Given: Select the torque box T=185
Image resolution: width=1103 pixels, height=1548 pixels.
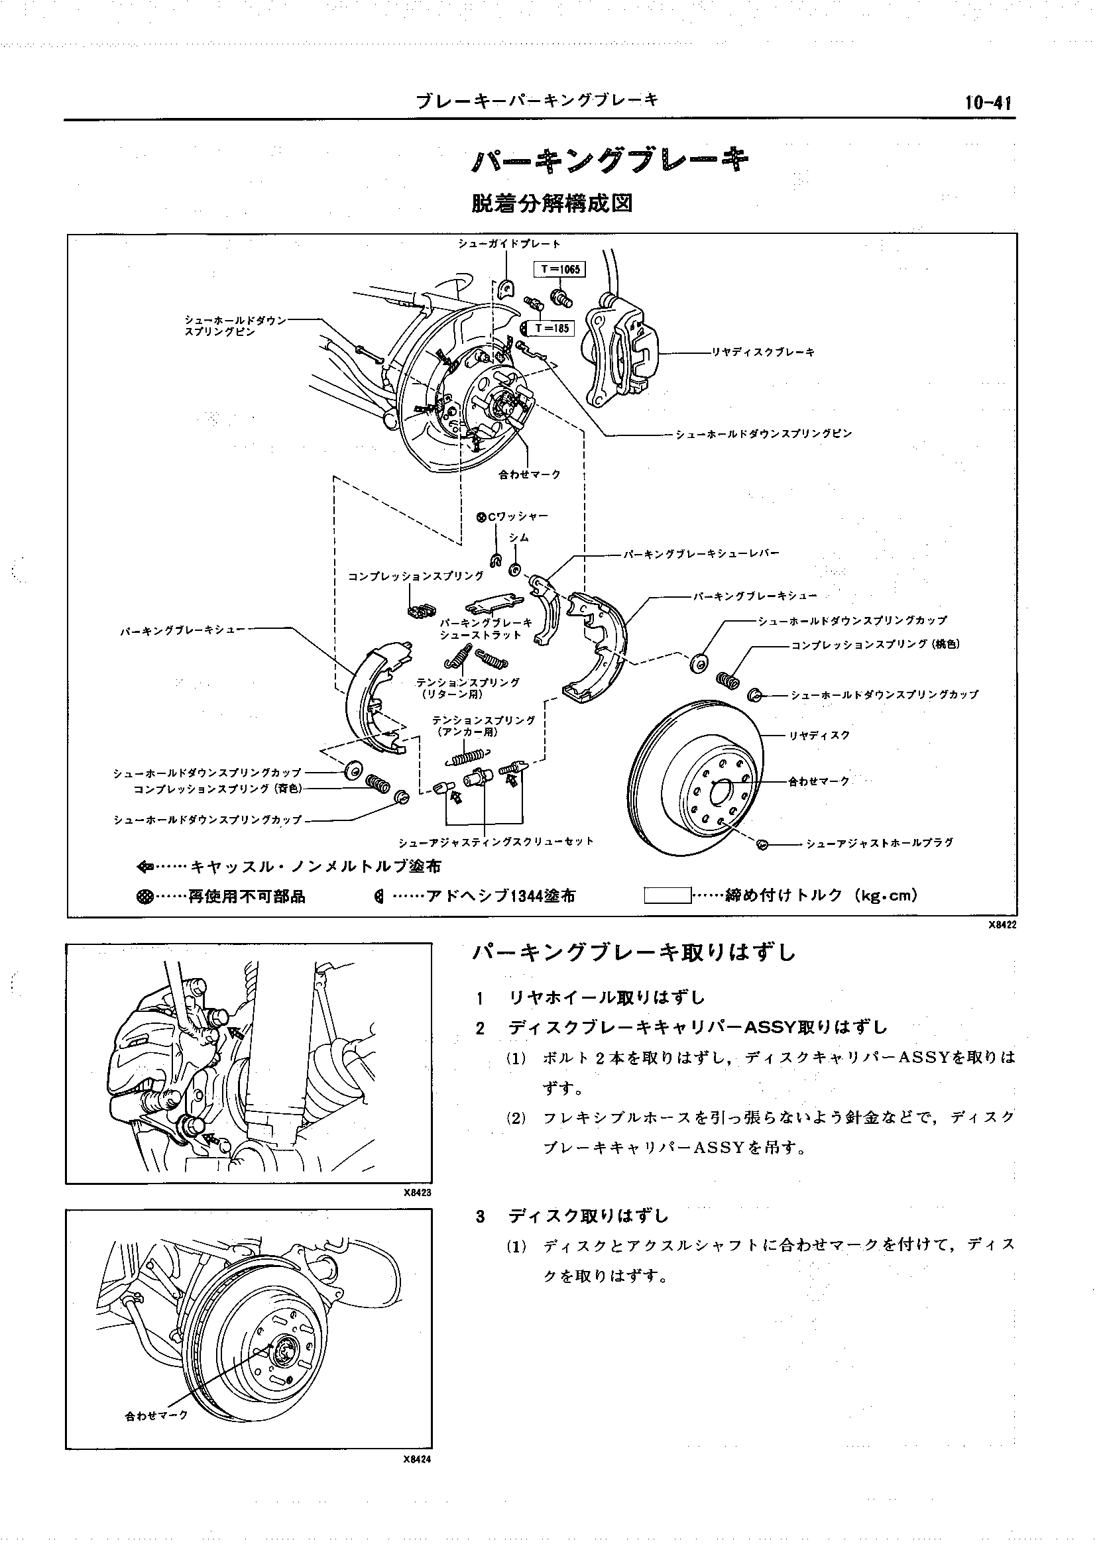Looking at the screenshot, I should click(x=553, y=329).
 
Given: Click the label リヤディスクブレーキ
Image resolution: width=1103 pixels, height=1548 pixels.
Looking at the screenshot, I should click(x=763, y=353).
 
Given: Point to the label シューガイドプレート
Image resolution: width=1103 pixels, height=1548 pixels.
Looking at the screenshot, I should click(x=509, y=244).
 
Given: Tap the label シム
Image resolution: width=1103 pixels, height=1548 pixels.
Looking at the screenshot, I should click(x=519, y=537).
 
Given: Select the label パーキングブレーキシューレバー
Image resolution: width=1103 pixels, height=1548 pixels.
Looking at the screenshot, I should click(x=701, y=553).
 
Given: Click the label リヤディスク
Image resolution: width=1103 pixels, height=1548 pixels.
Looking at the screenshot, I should click(x=819, y=736).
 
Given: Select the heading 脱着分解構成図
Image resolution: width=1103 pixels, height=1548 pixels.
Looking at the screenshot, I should click(x=551, y=203).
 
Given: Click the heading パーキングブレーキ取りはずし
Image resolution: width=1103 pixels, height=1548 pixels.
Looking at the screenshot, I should click(x=634, y=953).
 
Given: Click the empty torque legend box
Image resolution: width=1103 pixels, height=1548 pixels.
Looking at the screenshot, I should click(x=667, y=896).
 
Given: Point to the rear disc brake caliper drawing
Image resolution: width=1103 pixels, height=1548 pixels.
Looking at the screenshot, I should click(x=618, y=350).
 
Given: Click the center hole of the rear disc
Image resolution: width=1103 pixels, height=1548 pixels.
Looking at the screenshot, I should click(x=720, y=791).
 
